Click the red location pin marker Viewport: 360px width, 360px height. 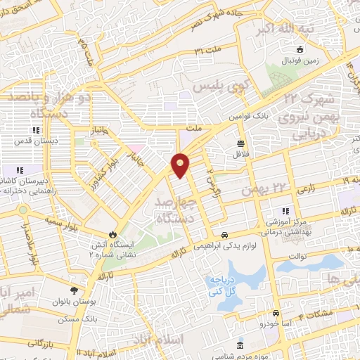coord(181,166)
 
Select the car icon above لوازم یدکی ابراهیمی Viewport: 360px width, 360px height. coord(224,235)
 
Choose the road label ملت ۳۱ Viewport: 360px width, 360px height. coord(208,51)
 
